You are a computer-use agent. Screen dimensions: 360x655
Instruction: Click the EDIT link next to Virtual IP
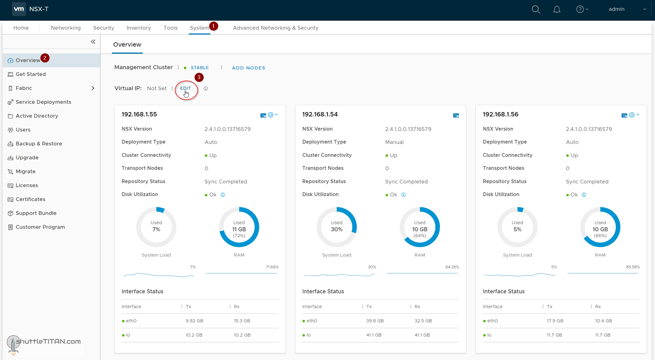[x=185, y=88]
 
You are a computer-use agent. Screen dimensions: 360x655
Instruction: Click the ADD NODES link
[x=248, y=68]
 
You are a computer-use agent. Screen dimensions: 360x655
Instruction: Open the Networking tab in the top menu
[x=66, y=28]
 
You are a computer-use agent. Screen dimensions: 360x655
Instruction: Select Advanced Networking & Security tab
[x=275, y=28]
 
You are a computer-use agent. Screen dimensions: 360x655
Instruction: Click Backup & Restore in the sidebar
[x=39, y=143]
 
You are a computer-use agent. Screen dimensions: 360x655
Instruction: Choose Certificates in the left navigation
[x=30, y=199]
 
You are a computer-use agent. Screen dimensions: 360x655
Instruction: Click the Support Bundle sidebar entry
[x=36, y=213]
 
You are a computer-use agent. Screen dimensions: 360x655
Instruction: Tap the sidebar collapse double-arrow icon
[x=93, y=42]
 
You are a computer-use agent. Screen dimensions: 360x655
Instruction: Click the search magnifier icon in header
[x=535, y=9]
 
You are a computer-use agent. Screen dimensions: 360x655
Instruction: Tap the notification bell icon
[x=557, y=9]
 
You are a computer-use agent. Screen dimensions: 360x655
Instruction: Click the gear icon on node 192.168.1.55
[x=271, y=115]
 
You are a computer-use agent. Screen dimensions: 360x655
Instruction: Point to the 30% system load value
[x=337, y=229]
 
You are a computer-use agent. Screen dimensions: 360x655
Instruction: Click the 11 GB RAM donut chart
[x=239, y=227]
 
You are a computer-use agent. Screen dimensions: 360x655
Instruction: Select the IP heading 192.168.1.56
[x=500, y=114]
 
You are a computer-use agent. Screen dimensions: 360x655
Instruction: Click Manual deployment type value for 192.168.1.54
[x=394, y=142]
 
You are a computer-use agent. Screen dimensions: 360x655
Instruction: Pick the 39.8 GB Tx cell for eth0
[x=375, y=321]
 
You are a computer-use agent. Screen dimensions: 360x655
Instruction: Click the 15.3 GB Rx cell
[x=242, y=321]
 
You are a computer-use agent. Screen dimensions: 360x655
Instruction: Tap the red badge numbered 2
[x=45, y=58]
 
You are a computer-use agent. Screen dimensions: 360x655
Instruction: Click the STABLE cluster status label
[x=199, y=68]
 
